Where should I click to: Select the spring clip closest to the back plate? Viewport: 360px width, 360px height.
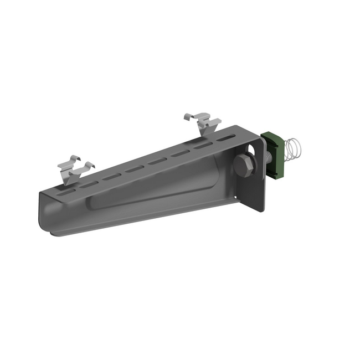point(203,123)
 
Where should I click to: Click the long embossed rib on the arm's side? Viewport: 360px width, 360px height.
point(155,188)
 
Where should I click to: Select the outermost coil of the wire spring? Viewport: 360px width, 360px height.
point(300,148)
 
